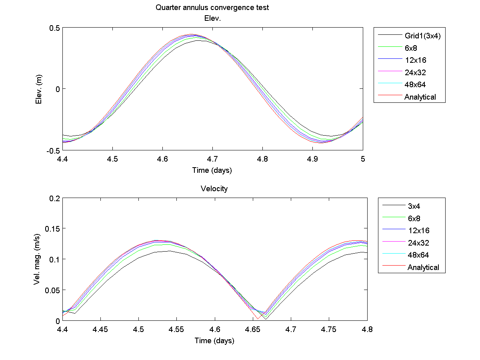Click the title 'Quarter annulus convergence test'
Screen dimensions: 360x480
point(212,8)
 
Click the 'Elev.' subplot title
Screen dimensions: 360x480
point(212,18)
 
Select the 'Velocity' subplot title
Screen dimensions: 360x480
point(214,189)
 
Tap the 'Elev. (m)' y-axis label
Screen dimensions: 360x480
point(39,89)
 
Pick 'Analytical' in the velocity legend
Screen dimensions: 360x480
point(423,267)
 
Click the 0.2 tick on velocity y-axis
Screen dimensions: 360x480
point(55,198)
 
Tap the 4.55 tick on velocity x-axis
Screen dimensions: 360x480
point(177,329)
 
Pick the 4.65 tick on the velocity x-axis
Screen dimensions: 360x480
point(253,329)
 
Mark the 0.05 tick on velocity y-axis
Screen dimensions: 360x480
point(53,290)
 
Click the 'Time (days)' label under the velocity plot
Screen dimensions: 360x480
point(214,341)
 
